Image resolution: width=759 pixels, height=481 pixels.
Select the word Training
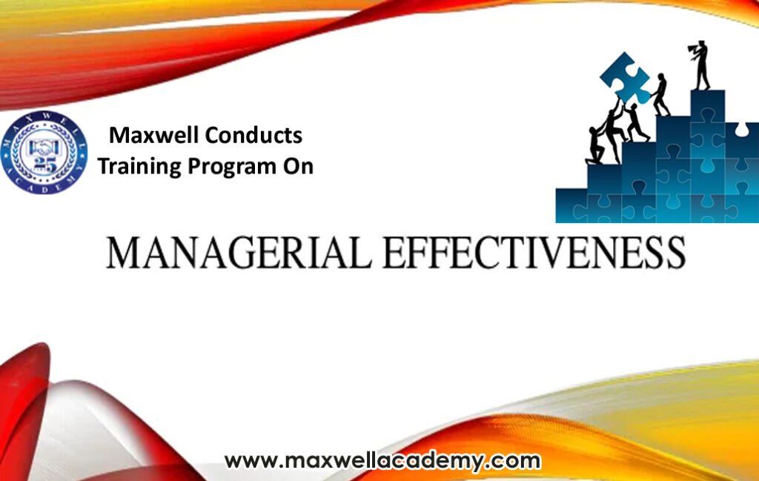click(139, 167)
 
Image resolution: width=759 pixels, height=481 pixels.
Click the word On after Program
click(298, 166)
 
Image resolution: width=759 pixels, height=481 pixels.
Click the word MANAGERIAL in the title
click(239, 253)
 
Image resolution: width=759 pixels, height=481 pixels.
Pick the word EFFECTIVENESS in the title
click(534, 253)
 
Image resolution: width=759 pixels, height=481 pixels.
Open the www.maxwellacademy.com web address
click(382, 461)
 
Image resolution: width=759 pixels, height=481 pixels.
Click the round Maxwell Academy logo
click(44, 153)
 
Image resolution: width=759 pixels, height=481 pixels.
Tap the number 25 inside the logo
click(44, 165)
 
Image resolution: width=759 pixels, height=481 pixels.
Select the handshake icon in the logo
click(44, 147)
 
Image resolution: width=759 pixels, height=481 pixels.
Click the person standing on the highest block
click(700, 64)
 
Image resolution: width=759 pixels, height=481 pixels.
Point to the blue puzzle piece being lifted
click(625, 77)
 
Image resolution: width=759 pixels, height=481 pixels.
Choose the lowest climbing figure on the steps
click(595, 146)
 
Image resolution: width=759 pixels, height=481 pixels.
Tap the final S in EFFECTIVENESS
click(675, 253)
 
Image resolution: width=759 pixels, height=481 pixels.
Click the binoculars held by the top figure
click(693, 47)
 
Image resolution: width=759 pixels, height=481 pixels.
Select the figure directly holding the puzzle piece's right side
click(660, 95)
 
